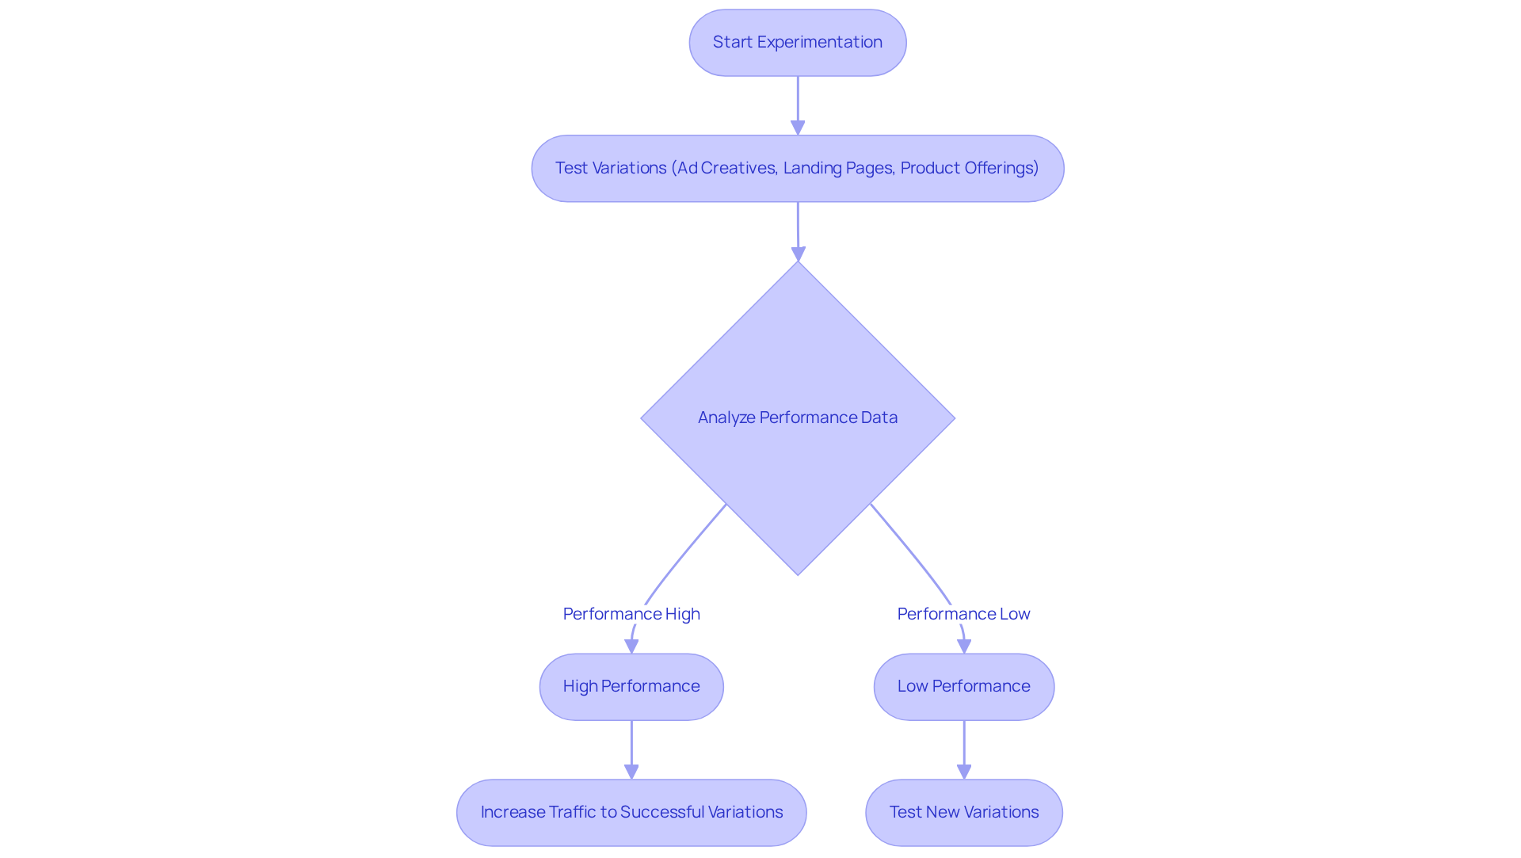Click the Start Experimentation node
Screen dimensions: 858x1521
797,43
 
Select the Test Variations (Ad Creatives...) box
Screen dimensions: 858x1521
797,168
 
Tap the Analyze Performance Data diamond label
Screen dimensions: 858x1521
797,418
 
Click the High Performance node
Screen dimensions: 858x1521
631,686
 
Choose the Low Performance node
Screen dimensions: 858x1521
963,686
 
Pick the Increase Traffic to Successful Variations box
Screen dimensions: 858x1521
631,812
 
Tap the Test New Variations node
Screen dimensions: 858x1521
963,812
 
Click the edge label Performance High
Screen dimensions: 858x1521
631,614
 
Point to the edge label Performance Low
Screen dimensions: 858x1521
963,614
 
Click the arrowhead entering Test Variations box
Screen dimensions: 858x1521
798,128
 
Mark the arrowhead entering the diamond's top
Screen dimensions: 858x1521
798,254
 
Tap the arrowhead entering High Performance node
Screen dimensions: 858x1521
631,646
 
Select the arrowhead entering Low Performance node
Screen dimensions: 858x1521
964,646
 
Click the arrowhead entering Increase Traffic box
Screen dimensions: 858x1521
631,772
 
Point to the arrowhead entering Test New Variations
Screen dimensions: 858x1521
964,772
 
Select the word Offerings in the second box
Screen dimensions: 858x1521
1001,168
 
